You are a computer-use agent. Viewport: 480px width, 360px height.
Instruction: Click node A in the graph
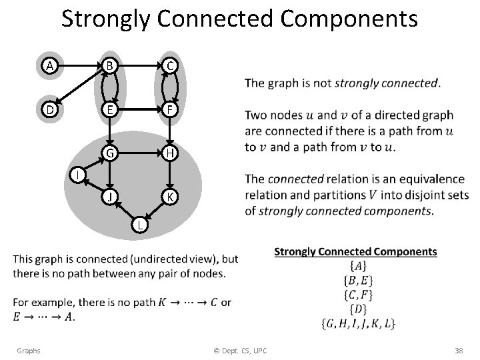(x=48, y=66)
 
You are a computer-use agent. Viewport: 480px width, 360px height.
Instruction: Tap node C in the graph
(x=171, y=66)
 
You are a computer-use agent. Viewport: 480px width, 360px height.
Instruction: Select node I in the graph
(x=79, y=175)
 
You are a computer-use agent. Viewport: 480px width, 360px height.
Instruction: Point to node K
(x=171, y=197)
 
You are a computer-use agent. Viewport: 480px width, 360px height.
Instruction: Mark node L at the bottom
(x=140, y=225)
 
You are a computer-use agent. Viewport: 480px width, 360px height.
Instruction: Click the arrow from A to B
(x=79, y=66)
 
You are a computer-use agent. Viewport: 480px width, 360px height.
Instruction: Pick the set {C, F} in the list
(x=355, y=295)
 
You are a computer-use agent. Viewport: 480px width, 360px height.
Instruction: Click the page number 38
(x=458, y=350)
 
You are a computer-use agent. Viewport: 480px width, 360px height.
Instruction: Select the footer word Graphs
(x=29, y=350)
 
